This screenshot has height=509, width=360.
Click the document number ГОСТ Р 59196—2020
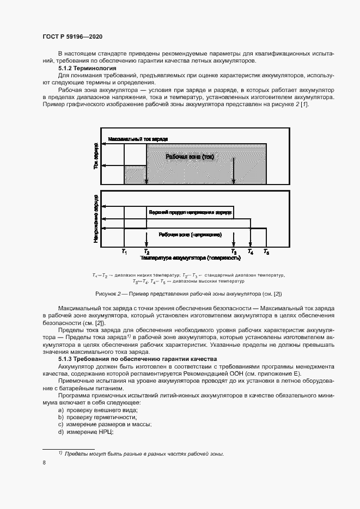(x=73, y=36)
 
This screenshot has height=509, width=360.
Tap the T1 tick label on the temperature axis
(x=124, y=252)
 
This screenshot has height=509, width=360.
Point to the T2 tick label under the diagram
(x=146, y=252)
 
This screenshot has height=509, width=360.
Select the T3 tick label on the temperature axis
(x=234, y=252)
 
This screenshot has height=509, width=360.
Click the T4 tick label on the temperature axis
(x=250, y=252)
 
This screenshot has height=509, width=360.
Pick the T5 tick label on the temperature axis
(x=266, y=252)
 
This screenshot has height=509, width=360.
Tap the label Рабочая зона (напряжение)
(x=190, y=234)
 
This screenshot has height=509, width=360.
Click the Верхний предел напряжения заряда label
(x=190, y=211)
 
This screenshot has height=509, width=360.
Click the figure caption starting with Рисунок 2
(x=188, y=294)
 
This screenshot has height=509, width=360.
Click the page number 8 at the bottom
(x=44, y=463)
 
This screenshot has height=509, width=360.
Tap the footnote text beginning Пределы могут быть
(x=144, y=454)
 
